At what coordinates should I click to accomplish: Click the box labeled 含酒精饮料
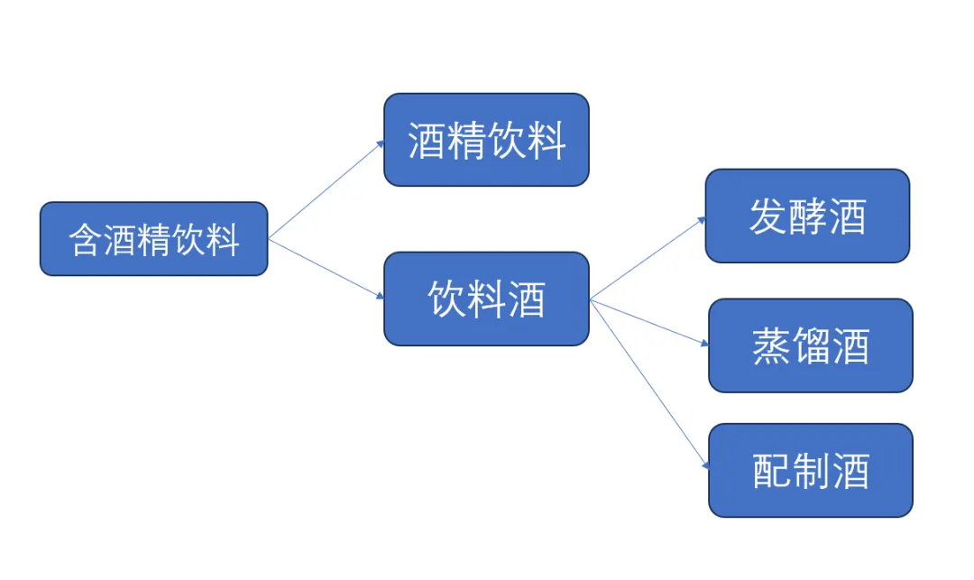tap(153, 239)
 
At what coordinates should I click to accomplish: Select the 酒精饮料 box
tap(486, 140)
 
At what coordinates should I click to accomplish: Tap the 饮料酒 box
tap(486, 299)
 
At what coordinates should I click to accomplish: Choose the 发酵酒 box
tap(807, 216)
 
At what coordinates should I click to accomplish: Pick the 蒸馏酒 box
tap(810, 345)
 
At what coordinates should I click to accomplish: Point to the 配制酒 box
tap(810, 470)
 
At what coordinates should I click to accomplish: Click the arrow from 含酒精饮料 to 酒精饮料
tap(326, 189)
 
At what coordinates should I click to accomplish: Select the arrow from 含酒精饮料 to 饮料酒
tap(326, 269)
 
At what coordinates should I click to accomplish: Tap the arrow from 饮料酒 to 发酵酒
tap(648, 258)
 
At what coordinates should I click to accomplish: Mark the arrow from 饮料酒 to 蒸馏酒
tap(648, 322)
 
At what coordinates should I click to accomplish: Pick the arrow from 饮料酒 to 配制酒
tap(648, 383)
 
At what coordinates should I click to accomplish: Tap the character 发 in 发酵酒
tap(767, 216)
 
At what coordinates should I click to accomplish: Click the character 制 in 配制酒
tap(810, 471)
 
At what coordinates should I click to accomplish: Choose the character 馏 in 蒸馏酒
tap(810, 346)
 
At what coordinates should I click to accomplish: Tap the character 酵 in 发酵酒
tap(807, 216)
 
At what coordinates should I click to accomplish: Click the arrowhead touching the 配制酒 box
tap(706, 465)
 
